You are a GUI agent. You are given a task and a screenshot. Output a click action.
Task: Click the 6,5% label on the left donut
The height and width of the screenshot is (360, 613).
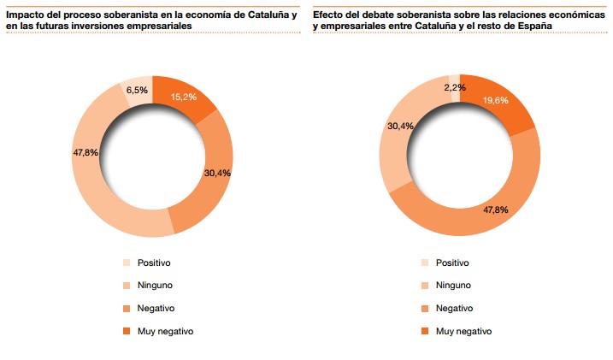pos(137,90)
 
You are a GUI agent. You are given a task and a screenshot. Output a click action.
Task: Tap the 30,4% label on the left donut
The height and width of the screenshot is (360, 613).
pos(217,173)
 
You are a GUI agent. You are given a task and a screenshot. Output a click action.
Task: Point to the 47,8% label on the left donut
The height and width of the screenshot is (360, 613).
pos(86,153)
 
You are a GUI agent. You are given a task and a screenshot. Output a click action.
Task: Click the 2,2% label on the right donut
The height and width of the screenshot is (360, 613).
pos(456,87)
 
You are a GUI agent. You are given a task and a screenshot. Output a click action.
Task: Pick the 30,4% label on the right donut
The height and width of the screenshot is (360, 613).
pos(400,127)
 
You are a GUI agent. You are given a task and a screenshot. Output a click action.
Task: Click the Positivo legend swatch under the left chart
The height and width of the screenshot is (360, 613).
pos(127,263)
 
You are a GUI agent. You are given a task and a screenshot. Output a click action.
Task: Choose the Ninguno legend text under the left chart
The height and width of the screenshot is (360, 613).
pos(157,286)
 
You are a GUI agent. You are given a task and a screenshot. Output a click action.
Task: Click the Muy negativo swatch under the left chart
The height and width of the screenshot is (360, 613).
pos(127,331)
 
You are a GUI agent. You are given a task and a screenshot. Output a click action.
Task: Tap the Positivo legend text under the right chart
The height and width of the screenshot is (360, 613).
pos(452,263)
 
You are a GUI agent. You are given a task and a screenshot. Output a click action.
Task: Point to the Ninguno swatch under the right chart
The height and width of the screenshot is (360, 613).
pos(425,286)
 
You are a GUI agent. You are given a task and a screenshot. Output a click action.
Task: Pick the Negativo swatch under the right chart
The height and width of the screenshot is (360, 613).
pos(425,309)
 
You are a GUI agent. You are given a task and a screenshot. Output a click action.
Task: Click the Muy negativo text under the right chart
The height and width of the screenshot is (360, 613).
pos(464,331)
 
